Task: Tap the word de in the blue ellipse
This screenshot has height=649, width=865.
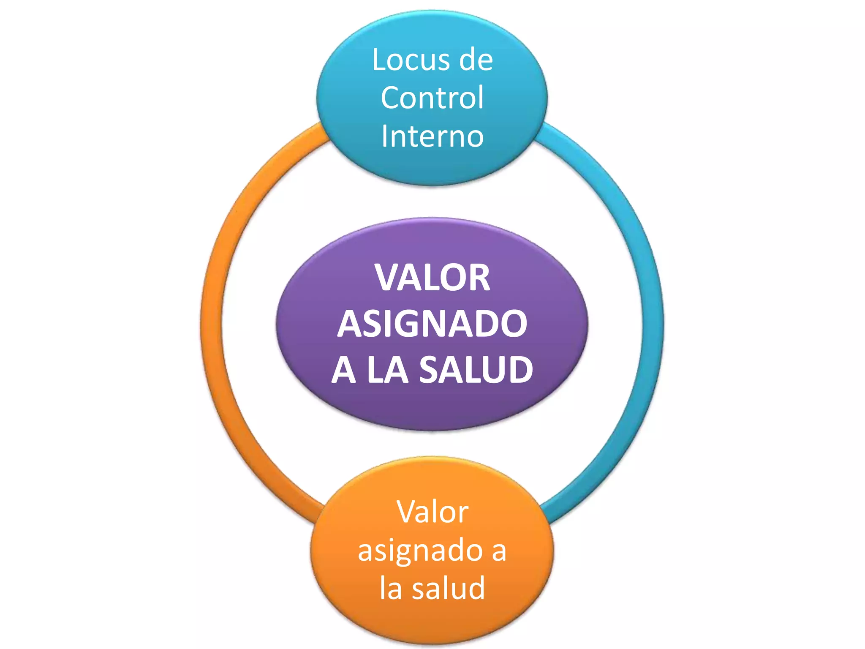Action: pyautogui.click(x=476, y=60)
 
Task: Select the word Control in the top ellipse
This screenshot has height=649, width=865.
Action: pyautogui.click(x=432, y=98)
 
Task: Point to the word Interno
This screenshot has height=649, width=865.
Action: pyautogui.click(x=432, y=136)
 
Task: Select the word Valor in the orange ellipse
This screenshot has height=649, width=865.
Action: pyautogui.click(x=432, y=512)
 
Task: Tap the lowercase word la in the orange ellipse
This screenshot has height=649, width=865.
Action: pyautogui.click(x=390, y=588)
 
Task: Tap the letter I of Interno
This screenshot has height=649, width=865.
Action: pyautogui.click(x=384, y=136)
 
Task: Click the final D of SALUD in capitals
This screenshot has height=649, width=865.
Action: pyautogui.click(x=520, y=370)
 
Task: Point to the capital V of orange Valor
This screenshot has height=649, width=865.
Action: pyautogui.click(x=407, y=512)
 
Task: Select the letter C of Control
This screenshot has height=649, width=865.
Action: pyautogui.click(x=391, y=98)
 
